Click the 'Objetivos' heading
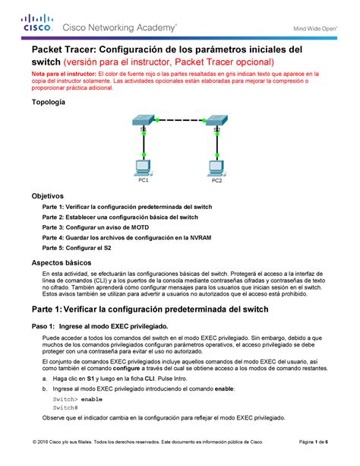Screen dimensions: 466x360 coord(48,196)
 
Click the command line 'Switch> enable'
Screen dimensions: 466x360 coord(77,398)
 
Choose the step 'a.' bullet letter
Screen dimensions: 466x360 coord(46,377)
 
